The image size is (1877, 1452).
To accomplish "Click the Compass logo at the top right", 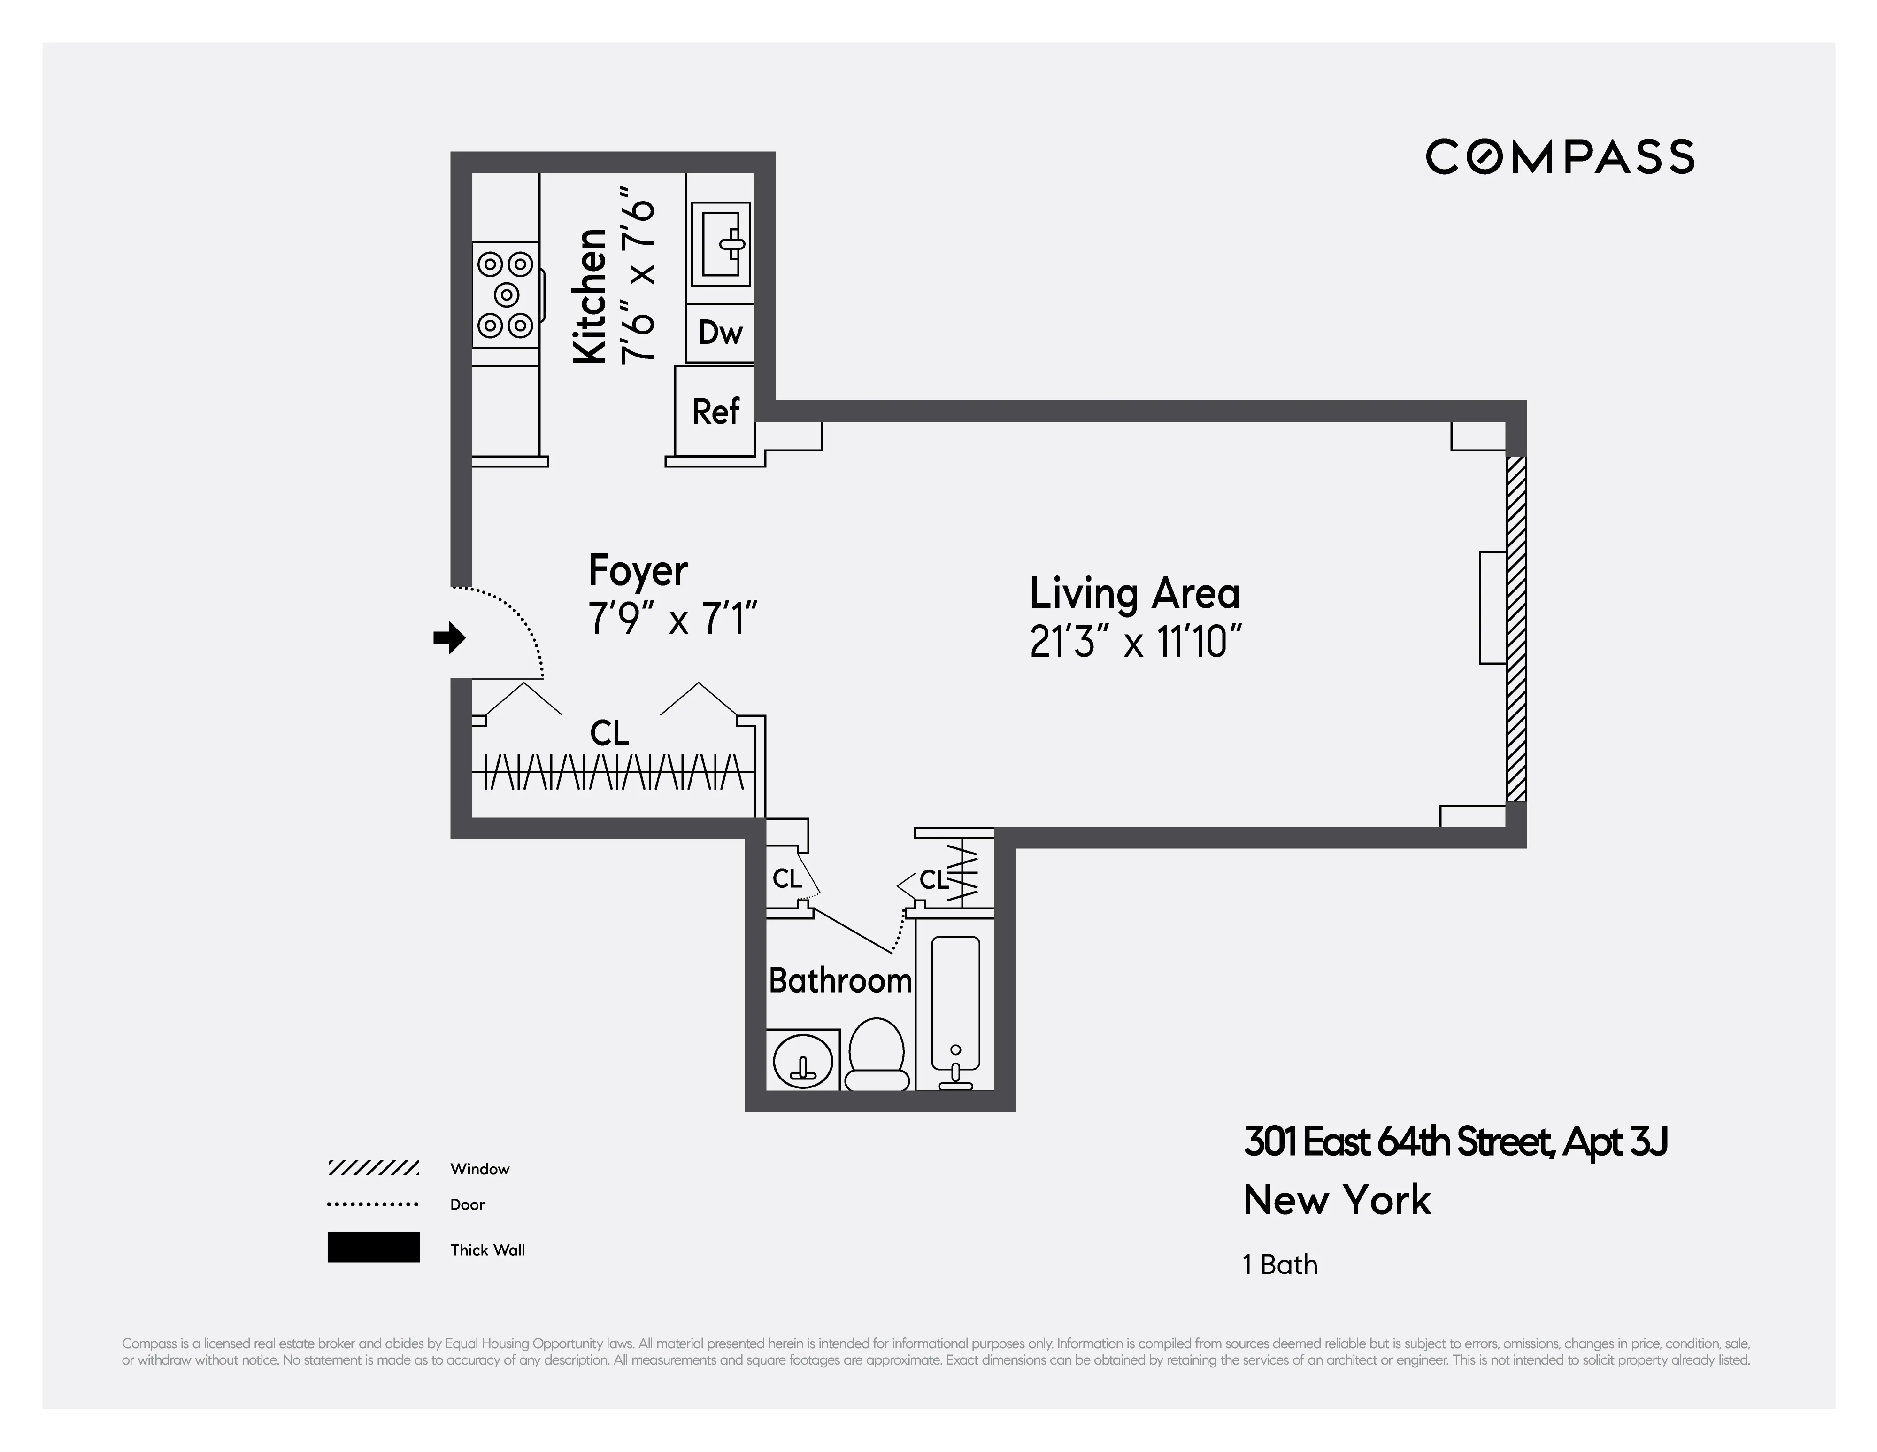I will (x=1559, y=157).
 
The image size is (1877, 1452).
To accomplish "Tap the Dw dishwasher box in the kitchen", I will (x=720, y=333).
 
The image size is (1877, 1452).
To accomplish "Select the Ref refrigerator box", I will (x=715, y=411).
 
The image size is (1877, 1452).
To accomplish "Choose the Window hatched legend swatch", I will (x=373, y=1168).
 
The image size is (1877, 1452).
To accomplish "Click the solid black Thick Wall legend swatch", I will (x=373, y=1247).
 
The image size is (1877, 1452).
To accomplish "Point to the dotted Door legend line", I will (x=373, y=1204).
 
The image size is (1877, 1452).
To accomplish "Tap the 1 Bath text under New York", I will (x=1280, y=1265).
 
